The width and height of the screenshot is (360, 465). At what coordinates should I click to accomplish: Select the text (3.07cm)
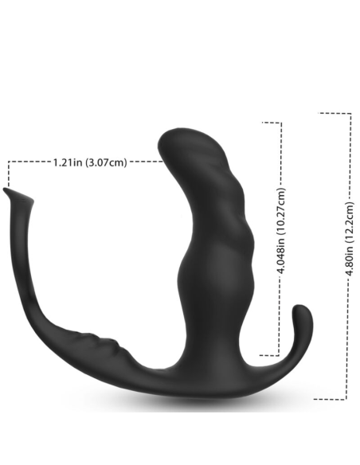106,162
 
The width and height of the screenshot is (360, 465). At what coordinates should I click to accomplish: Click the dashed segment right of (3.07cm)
143,162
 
